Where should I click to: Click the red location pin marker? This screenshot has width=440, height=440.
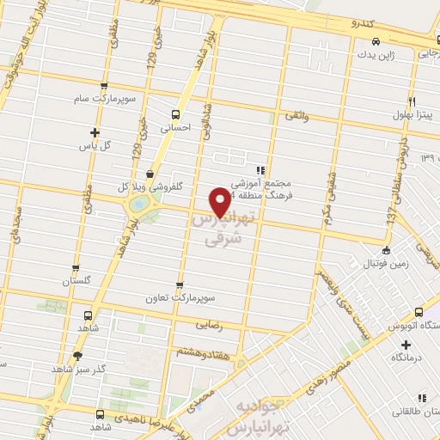[x=220, y=202]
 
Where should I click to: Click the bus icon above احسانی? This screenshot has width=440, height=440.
[x=176, y=114]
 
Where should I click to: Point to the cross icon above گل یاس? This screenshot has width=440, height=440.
[x=95, y=132]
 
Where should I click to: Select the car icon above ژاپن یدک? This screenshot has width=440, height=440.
[x=376, y=42]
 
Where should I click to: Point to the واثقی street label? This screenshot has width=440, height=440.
[x=294, y=114]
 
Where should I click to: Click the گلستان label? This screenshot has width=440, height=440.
[x=76, y=281]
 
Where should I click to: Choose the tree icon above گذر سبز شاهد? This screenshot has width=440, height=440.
[x=78, y=355]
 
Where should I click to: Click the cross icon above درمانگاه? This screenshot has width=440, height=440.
[x=406, y=344]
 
